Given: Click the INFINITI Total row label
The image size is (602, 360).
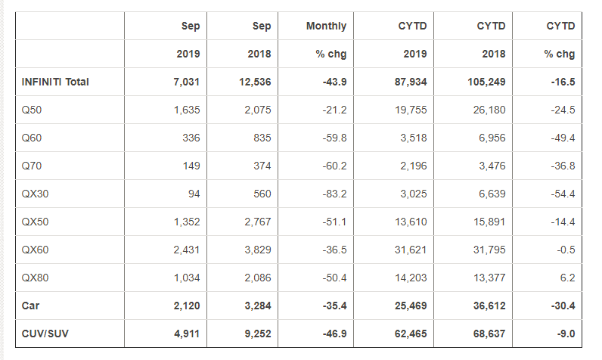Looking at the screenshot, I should pyautogui.click(x=56, y=82).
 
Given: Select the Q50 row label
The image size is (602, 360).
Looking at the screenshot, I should pyautogui.click(x=33, y=110).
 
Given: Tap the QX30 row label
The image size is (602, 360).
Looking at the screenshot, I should pyautogui.click(x=37, y=194).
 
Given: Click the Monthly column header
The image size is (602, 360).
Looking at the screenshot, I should pyautogui.click(x=326, y=26).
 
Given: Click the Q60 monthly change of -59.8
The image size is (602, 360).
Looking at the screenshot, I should pyautogui.click(x=333, y=138).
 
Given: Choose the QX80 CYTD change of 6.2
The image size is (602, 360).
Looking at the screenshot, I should pyautogui.click(x=567, y=278).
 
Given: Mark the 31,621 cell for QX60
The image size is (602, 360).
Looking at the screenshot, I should pyautogui.click(x=411, y=250).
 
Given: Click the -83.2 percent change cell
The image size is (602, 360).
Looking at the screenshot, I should pyautogui.click(x=333, y=194).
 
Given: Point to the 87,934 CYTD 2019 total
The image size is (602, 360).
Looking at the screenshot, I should pyautogui.click(x=411, y=82).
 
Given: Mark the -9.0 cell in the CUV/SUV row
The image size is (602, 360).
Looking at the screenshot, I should pyautogui.click(x=563, y=334).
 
